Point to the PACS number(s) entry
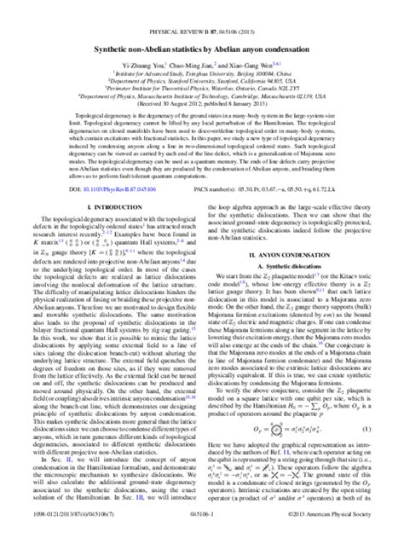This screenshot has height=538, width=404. click(280, 187)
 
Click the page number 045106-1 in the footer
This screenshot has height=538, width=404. click(202, 529)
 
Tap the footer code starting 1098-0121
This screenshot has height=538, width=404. click(60, 529)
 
